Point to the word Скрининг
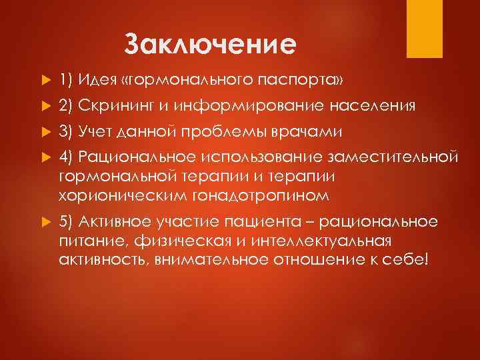pos(110,106)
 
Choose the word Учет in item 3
pos(95,131)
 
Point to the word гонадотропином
pos(268,195)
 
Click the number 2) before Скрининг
pos(65,106)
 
